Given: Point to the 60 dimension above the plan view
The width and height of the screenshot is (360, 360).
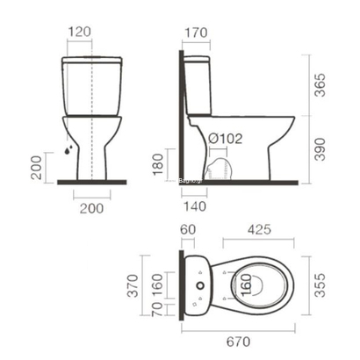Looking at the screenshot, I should [189, 230].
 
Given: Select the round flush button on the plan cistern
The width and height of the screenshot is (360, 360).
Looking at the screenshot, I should [200, 285].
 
